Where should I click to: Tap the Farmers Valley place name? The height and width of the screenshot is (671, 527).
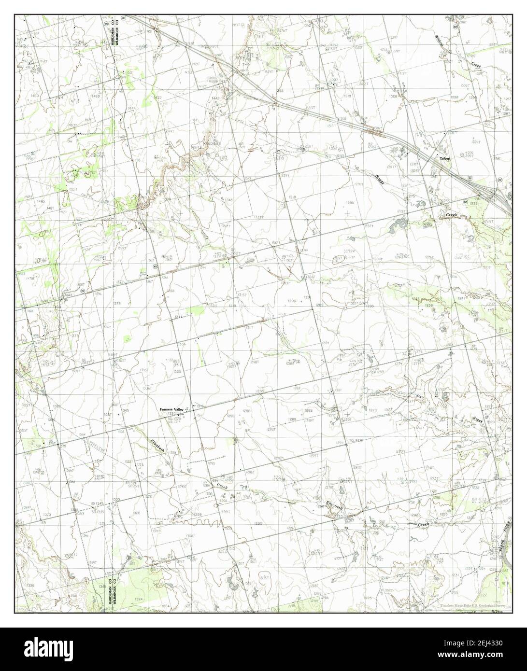pos(172,409)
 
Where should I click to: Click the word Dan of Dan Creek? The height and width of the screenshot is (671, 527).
pos(420,396)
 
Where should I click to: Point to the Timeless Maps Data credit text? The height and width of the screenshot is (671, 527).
pos(470,605)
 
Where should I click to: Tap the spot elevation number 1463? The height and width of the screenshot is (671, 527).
pos(34,97)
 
